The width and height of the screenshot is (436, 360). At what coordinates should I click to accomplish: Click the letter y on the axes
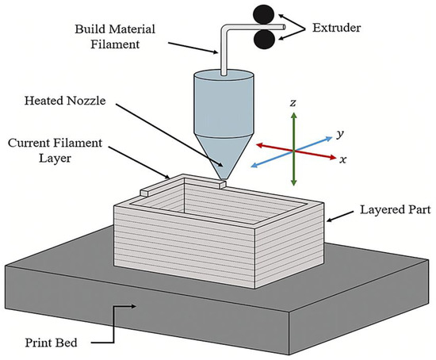pos(339,135)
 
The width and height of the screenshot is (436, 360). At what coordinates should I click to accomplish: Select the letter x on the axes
pos(343,159)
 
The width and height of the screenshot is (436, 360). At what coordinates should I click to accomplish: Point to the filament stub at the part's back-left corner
pos(146,191)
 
